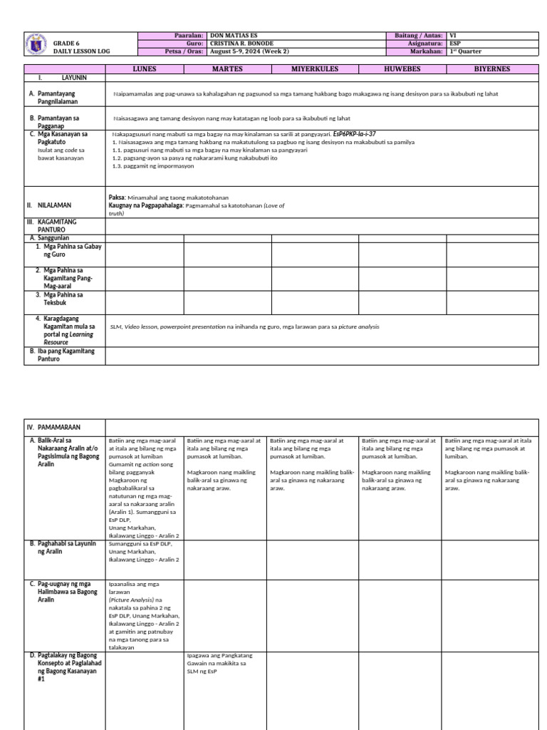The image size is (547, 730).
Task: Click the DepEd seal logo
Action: point(38,44)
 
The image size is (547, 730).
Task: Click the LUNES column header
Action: point(145,69)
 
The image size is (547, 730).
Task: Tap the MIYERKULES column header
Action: point(314,69)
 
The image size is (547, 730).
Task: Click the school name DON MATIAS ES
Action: point(242,35)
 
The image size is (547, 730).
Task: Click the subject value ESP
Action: point(456,43)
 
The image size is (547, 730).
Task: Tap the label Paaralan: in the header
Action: point(189,35)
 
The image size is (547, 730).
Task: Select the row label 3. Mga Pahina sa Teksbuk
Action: point(63,298)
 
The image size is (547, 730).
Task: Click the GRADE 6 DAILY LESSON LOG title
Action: point(81,48)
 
